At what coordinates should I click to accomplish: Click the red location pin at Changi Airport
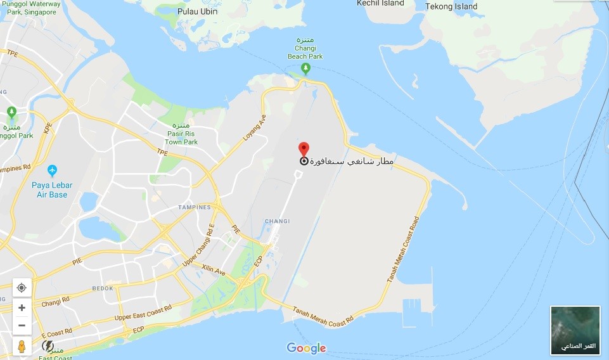(x=304, y=149)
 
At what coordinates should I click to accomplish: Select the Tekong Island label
(x=451, y=6)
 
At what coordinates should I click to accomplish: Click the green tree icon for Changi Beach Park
(x=305, y=67)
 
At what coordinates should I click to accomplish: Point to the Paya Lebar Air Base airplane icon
(x=52, y=170)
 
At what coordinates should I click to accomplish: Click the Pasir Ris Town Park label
(x=181, y=138)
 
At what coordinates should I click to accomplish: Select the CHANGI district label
(x=278, y=221)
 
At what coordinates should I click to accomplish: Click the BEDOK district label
(x=103, y=288)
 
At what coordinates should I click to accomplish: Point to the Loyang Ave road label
(x=254, y=127)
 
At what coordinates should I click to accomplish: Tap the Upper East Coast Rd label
(x=144, y=312)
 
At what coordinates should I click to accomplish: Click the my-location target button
(x=22, y=288)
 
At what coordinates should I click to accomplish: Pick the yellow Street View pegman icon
(x=22, y=346)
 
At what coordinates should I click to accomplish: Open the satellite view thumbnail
(x=575, y=330)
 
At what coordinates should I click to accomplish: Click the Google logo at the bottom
(x=306, y=348)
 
